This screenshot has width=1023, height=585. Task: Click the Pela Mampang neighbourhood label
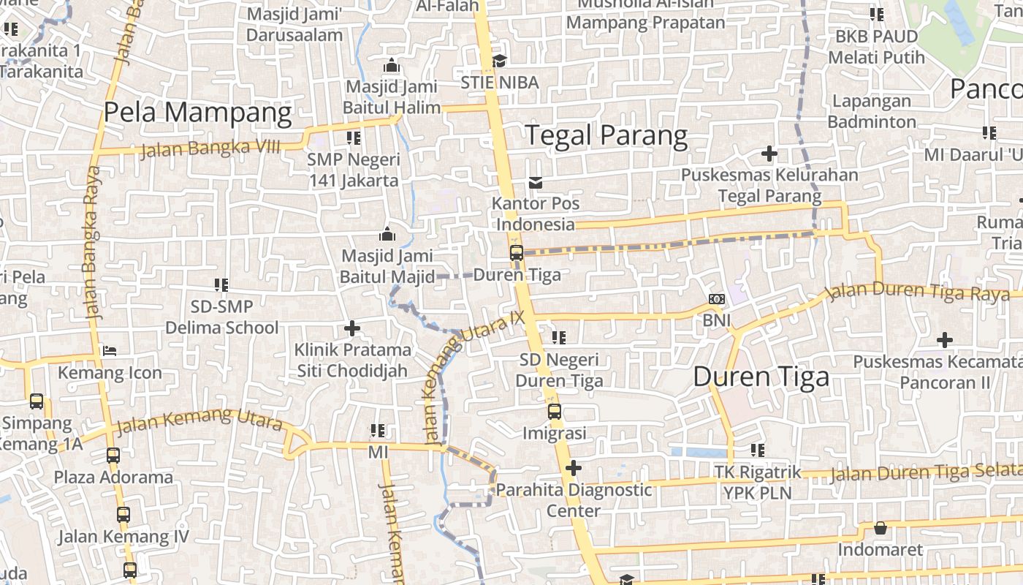(x=197, y=113)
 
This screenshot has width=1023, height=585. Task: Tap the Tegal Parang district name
(x=606, y=135)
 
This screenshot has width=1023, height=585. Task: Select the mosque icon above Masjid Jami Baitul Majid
(x=387, y=235)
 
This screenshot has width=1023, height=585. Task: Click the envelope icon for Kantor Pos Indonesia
(x=536, y=182)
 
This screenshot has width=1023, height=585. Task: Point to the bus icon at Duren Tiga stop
(x=517, y=253)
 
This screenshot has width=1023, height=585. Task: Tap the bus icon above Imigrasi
(x=555, y=411)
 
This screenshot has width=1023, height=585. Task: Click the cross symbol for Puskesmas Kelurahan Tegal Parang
(x=769, y=154)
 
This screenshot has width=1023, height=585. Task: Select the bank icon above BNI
(x=717, y=299)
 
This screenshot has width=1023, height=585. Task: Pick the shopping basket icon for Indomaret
(x=881, y=528)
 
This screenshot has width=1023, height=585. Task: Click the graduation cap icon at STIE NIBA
(x=499, y=61)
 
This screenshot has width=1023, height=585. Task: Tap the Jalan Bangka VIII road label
(x=210, y=148)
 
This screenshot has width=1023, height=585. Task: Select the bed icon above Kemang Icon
(x=110, y=351)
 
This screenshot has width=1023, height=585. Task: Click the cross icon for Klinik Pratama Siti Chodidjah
(x=352, y=328)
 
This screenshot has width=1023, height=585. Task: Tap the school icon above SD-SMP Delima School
(x=221, y=284)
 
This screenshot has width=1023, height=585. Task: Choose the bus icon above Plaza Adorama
(x=113, y=456)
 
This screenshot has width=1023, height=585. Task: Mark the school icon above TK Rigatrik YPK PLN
(x=757, y=450)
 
